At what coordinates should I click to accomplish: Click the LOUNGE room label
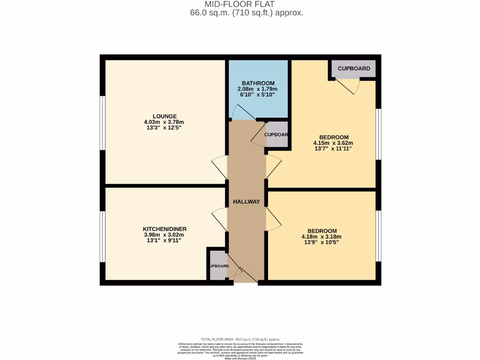tap(165, 116)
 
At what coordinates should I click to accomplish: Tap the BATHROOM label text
tap(258, 83)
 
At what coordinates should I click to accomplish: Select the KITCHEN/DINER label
tap(165, 229)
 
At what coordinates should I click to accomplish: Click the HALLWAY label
tap(247, 202)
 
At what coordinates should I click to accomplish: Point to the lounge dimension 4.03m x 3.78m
tap(165, 122)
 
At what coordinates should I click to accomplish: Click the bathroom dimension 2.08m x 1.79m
tap(258, 89)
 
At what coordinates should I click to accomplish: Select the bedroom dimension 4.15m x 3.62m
tap(333, 143)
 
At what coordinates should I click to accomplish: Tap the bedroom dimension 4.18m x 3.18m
tap(322, 237)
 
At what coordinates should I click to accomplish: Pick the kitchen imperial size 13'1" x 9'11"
tap(165, 240)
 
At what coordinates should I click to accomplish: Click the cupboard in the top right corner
tap(354, 68)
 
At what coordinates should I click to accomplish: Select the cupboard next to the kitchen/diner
tap(218, 266)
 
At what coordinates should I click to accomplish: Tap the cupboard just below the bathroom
tap(277, 135)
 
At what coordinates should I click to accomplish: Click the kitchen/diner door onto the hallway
tap(219, 218)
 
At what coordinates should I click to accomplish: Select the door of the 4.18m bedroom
tap(273, 218)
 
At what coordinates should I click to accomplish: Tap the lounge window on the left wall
tap(102, 123)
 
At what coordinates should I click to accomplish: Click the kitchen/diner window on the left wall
tap(102, 236)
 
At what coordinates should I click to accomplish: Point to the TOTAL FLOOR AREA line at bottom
tap(240, 339)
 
